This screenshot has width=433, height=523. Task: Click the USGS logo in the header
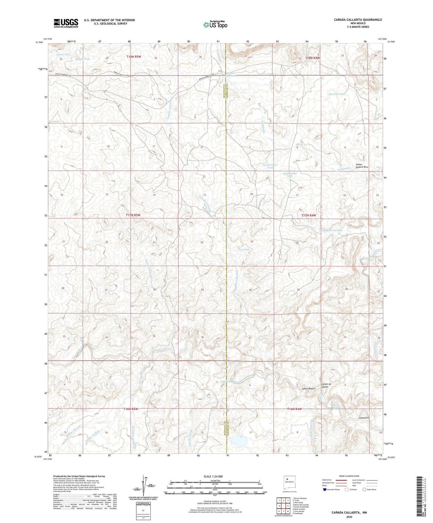(x=66, y=23)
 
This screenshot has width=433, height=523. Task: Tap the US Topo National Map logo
(x=215, y=25)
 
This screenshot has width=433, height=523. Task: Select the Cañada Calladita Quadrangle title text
(x=358, y=20)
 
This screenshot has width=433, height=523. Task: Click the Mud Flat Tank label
(x=337, y=94)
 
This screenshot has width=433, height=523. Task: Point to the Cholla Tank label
(x=63, y=55)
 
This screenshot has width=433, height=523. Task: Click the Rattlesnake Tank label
(x=289, y=175)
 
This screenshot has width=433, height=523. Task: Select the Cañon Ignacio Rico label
(x=362, y=166)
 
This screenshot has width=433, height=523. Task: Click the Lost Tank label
(x=244, y=249)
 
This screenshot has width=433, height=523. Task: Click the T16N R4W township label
(x=294, y=409)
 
